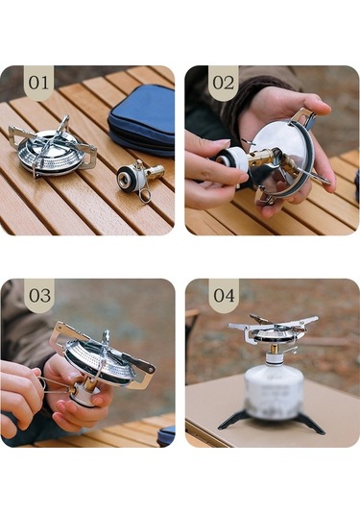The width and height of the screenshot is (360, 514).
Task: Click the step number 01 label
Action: (38, 83)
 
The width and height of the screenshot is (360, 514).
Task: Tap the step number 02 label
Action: (224, 83)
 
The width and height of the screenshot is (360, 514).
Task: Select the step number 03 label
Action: (39, 295)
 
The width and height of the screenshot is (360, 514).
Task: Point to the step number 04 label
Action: (224, 295)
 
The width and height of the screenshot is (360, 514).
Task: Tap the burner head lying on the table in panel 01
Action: (53, 148)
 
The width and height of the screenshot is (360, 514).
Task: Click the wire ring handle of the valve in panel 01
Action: (145, 194)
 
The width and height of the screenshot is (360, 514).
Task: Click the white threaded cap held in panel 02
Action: (230, 159)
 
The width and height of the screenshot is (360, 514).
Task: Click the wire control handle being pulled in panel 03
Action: (56, 385)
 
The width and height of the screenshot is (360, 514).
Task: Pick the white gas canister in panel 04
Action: (274, 391)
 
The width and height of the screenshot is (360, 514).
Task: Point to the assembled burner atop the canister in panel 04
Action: (273, 330)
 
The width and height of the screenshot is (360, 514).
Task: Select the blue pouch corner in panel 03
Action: (166, 435)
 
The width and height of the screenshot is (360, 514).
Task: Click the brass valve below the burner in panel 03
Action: (86, 383)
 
